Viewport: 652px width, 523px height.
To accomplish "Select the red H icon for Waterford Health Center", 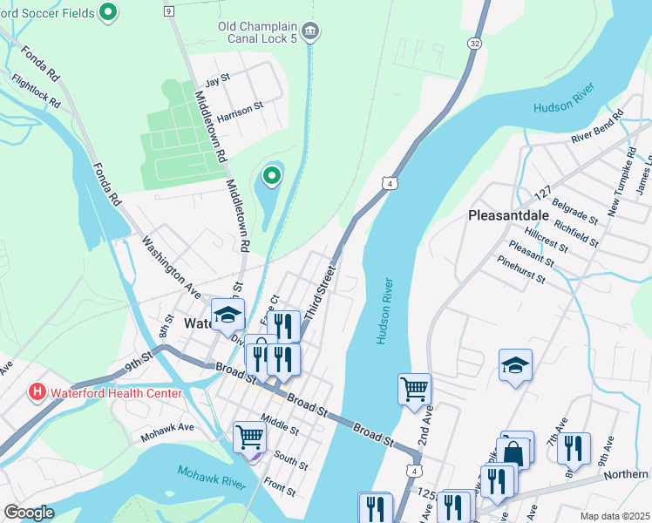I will (37, 392).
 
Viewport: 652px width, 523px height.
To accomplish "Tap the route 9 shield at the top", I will (168, 10).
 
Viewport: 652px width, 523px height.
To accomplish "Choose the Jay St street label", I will (216, 79).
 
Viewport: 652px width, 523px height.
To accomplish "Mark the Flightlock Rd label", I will (36, 90).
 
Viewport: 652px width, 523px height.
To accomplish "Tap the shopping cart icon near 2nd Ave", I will (414, 389).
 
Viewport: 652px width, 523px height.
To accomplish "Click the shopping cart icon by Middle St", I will (249, 436).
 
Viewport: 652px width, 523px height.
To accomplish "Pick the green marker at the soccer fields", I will (108, 11).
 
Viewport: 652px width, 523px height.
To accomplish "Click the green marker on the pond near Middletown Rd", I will (272, 177).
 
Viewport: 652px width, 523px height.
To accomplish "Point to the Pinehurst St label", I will (521, 270).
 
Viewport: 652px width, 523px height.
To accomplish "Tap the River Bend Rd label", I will (598, 127).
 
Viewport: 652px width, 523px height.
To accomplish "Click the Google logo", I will (29, 512).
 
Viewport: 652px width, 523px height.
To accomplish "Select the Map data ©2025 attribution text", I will (614, 516).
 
